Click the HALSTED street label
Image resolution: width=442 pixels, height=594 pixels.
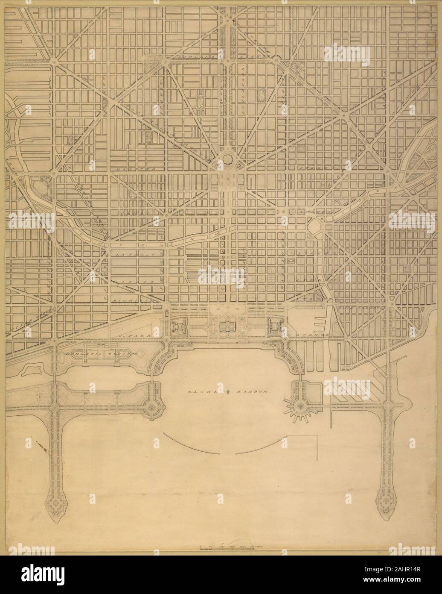pyautogui.click(x=137, y=170)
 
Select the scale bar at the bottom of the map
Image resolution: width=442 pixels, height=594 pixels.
pyautogui.click(x=228, y=547)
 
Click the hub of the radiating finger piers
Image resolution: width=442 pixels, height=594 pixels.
pyautogui.click(x=300, y=406)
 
